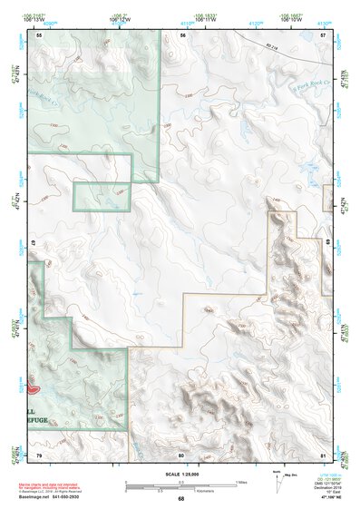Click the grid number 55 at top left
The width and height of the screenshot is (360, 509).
point(39,34)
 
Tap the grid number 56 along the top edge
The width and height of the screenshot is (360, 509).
point(182,34)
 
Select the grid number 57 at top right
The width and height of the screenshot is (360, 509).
point(324,34)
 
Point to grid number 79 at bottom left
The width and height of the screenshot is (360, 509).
point(39,455)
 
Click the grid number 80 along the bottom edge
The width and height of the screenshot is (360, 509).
point(181,455)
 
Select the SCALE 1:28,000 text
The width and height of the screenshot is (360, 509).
point(180,474)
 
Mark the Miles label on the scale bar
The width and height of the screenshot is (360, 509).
point(240,482)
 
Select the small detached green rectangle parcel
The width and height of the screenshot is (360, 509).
point(102,196)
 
